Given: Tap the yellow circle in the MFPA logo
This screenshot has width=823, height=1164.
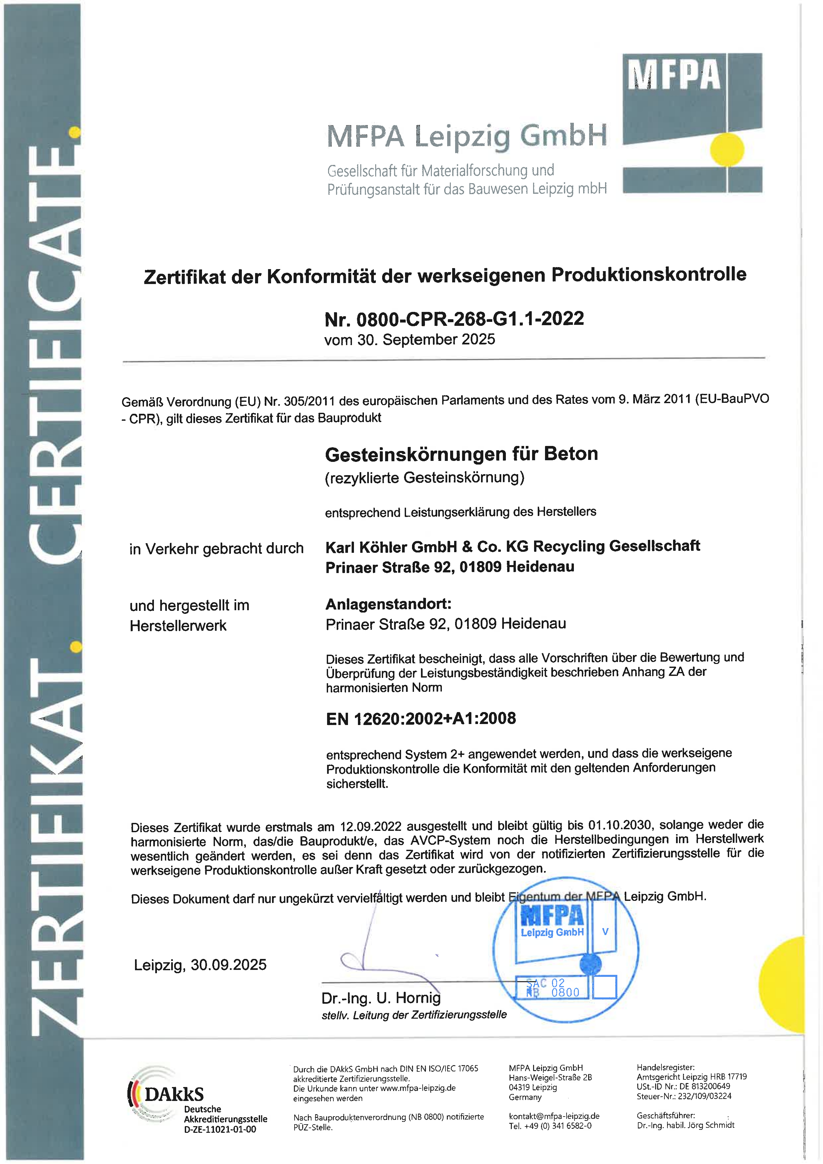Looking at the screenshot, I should pyautogui.click(x=727, y=149).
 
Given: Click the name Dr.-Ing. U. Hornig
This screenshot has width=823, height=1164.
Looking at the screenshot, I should pyautogui.click(x=381, y=998).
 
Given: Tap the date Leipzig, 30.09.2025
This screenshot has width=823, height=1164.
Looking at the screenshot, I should pyautogui.click(x=200, y=965).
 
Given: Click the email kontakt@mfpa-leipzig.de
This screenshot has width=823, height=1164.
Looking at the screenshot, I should pyautogui.click(x=554, y=1116).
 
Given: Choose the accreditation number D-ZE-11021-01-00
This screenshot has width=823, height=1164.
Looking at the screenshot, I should pyautogui.click(x=220, y=1129).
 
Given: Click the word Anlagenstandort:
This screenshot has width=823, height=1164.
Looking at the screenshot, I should pyautogui.click(x=388, y=604).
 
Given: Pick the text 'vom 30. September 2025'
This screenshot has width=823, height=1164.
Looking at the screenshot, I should pyautogui.click(x=409, y=340).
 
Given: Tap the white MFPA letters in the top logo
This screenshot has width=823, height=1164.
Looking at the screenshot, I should pyautogui.click(x=674, y=75).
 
